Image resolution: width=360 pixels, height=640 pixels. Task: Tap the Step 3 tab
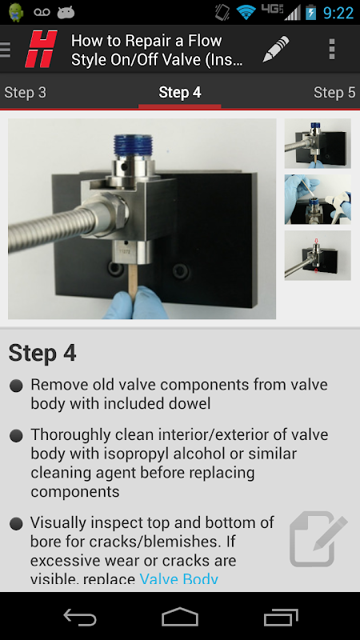[x=26, y=93]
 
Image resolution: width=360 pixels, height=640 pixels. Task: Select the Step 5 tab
[x=334, y=93]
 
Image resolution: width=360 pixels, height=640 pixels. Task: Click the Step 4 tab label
[x=179, y=93]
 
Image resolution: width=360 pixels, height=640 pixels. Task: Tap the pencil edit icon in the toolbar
[x=275, y=50]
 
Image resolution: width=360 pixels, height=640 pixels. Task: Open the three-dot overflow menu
[x=332, y=50]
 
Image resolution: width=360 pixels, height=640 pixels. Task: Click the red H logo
[x=41, y=50]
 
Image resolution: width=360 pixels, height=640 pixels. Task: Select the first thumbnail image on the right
[x=318, y=143]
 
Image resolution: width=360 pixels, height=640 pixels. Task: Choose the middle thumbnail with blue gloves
[x=318, y=199]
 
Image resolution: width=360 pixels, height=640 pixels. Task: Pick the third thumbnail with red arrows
[x=318, y=255]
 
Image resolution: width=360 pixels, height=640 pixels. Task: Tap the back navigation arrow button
[x=80, y=617]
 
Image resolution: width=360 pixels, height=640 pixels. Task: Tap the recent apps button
[x=281, y=617]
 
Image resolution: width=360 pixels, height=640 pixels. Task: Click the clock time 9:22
[x=338, y=13]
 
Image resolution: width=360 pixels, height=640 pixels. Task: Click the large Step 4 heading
[x=42, y=353]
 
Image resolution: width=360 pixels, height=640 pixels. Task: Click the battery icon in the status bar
[x=310, y=12]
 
